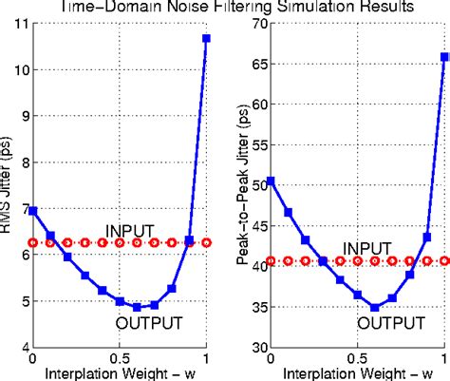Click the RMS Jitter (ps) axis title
pyautogui.click(x=8, y=185)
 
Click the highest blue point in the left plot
pyautogui.click(x=206, y=38)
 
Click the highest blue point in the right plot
pyautogui.click(x=444, y=57)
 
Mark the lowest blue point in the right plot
pyautogui.click(x=375, y=308)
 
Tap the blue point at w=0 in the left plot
pyautogui.click(x=33, y=211)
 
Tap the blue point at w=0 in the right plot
pyautogui.click(x=272, y=181)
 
